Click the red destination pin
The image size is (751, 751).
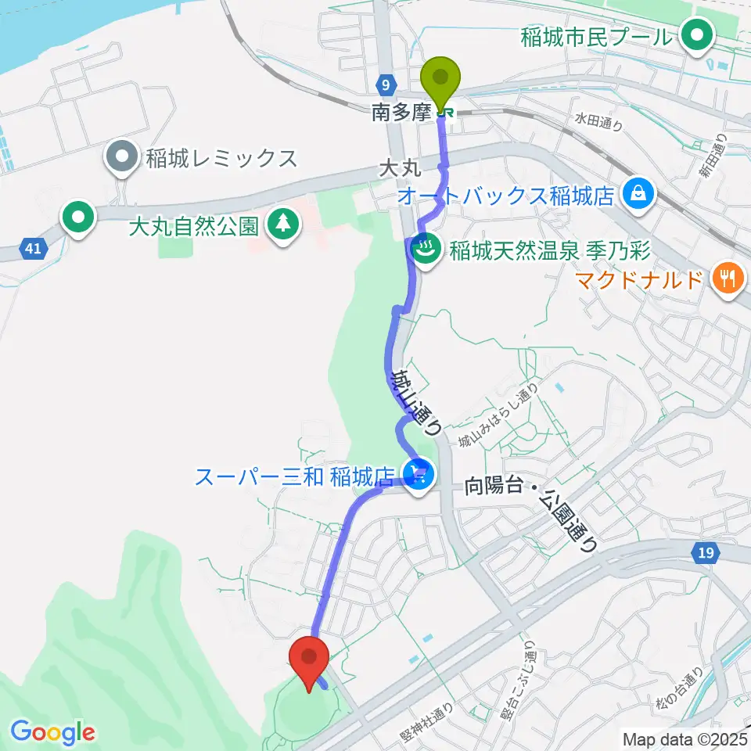(309, 659)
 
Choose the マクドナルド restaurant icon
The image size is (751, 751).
(728, 278)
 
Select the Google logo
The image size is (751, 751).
(52, 732)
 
